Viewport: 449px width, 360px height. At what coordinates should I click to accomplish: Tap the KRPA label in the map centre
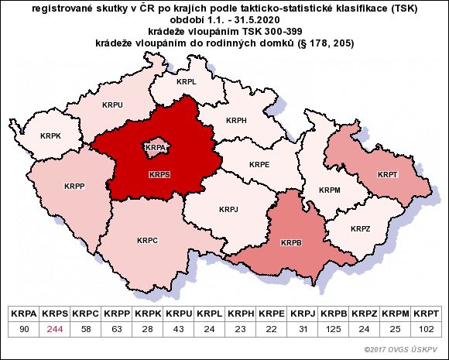[x=156, y=146]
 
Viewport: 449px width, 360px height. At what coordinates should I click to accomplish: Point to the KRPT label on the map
[x=388, y=175]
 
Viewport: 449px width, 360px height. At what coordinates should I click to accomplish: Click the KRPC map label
[x=147, y=241]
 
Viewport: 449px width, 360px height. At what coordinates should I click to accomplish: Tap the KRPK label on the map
[x=51, y=135]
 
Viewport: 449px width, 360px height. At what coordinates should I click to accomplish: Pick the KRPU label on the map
[x=113, y=103]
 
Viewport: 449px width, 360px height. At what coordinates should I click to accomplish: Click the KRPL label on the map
[x=186, y=81]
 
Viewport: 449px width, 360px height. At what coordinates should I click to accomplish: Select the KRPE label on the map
[x=259, y=165]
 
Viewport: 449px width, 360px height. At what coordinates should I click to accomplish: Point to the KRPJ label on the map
[x=229, y=209]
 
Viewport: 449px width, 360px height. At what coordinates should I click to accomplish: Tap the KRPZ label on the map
[x=360, y=229]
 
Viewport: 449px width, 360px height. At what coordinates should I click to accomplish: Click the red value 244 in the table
[x=54, y=330]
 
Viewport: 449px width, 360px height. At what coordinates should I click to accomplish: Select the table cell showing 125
[x=333, y=330]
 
